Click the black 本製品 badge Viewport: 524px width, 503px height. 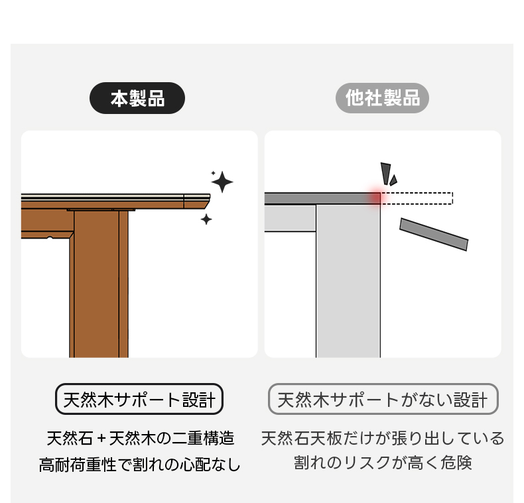click(x=137, y=98)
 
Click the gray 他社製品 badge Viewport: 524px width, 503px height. click(x=382, y=98)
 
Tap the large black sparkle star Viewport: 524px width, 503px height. click(x=222, y=182)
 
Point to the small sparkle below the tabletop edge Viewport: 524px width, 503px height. click(x=206, y=219)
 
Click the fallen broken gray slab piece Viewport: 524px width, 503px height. click(x=434, y=234)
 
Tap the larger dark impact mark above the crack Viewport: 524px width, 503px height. click(x=385, y=174)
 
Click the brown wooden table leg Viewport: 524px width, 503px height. click(x=99, y=284)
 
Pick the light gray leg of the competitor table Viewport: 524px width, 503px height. click(x=348, y=281)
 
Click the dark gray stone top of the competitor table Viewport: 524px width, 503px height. click(x=322, y=198)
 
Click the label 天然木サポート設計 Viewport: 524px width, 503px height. click(x=139, y=399)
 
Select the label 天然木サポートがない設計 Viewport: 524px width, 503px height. click(x=383, y=399)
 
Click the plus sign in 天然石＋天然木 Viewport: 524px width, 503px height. click(x=101, y=439)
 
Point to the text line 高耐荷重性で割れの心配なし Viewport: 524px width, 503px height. click(x=139, y=465)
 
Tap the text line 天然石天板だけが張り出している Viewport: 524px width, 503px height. click(x=383, y=439)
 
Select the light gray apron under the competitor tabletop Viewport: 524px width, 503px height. click(x=290, y=218)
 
